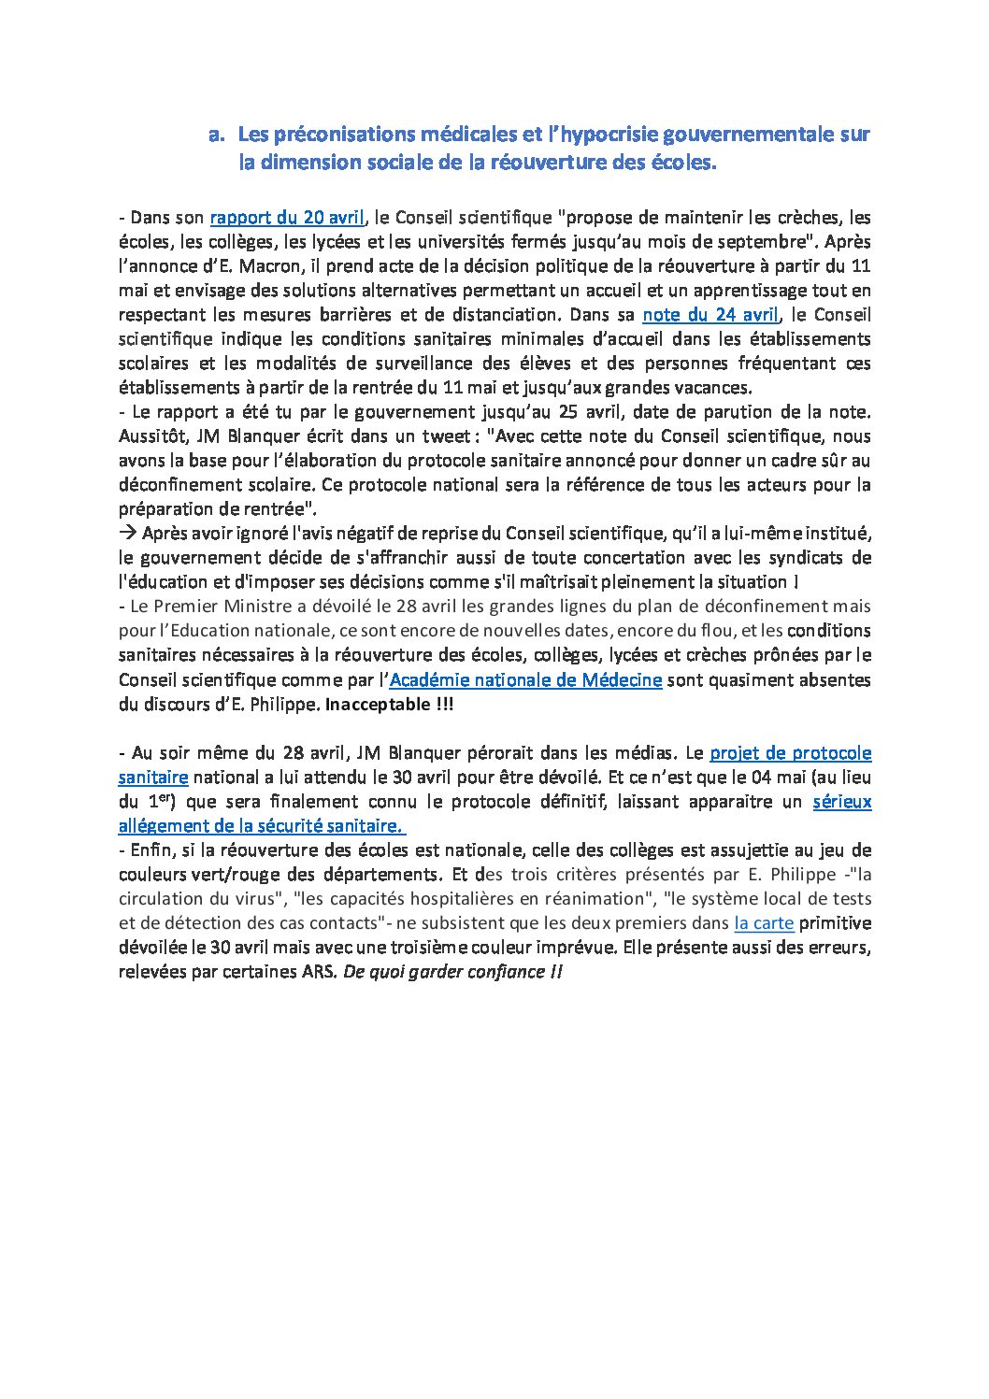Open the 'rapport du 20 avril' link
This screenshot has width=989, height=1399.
click(287, 218)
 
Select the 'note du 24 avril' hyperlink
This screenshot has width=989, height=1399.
click(710, 315)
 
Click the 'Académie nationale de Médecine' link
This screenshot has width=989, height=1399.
click(525, 680)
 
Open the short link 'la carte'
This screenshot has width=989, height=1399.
click(764, 923)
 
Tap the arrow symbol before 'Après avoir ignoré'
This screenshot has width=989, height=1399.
click(127, 534)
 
